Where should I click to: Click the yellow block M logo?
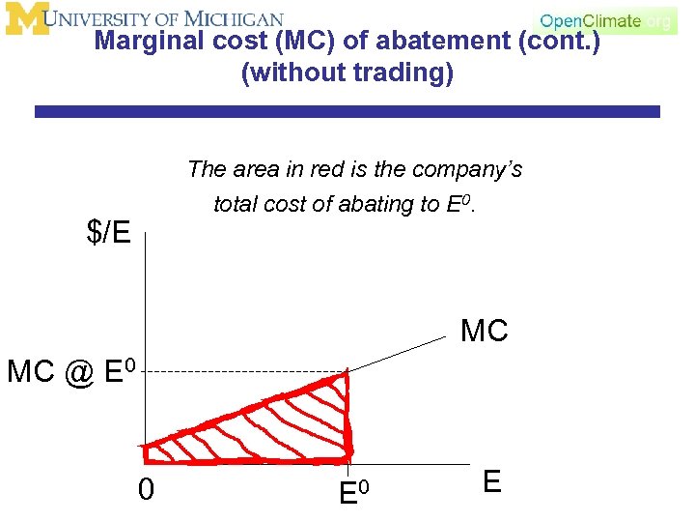26,18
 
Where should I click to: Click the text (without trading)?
347,74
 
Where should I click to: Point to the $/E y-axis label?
108,233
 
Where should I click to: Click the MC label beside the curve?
485,332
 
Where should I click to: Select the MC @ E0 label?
74,370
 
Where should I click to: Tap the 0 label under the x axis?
145,490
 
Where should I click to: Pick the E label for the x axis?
491,482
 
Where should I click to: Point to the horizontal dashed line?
241,372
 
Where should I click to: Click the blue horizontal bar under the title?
347,112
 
